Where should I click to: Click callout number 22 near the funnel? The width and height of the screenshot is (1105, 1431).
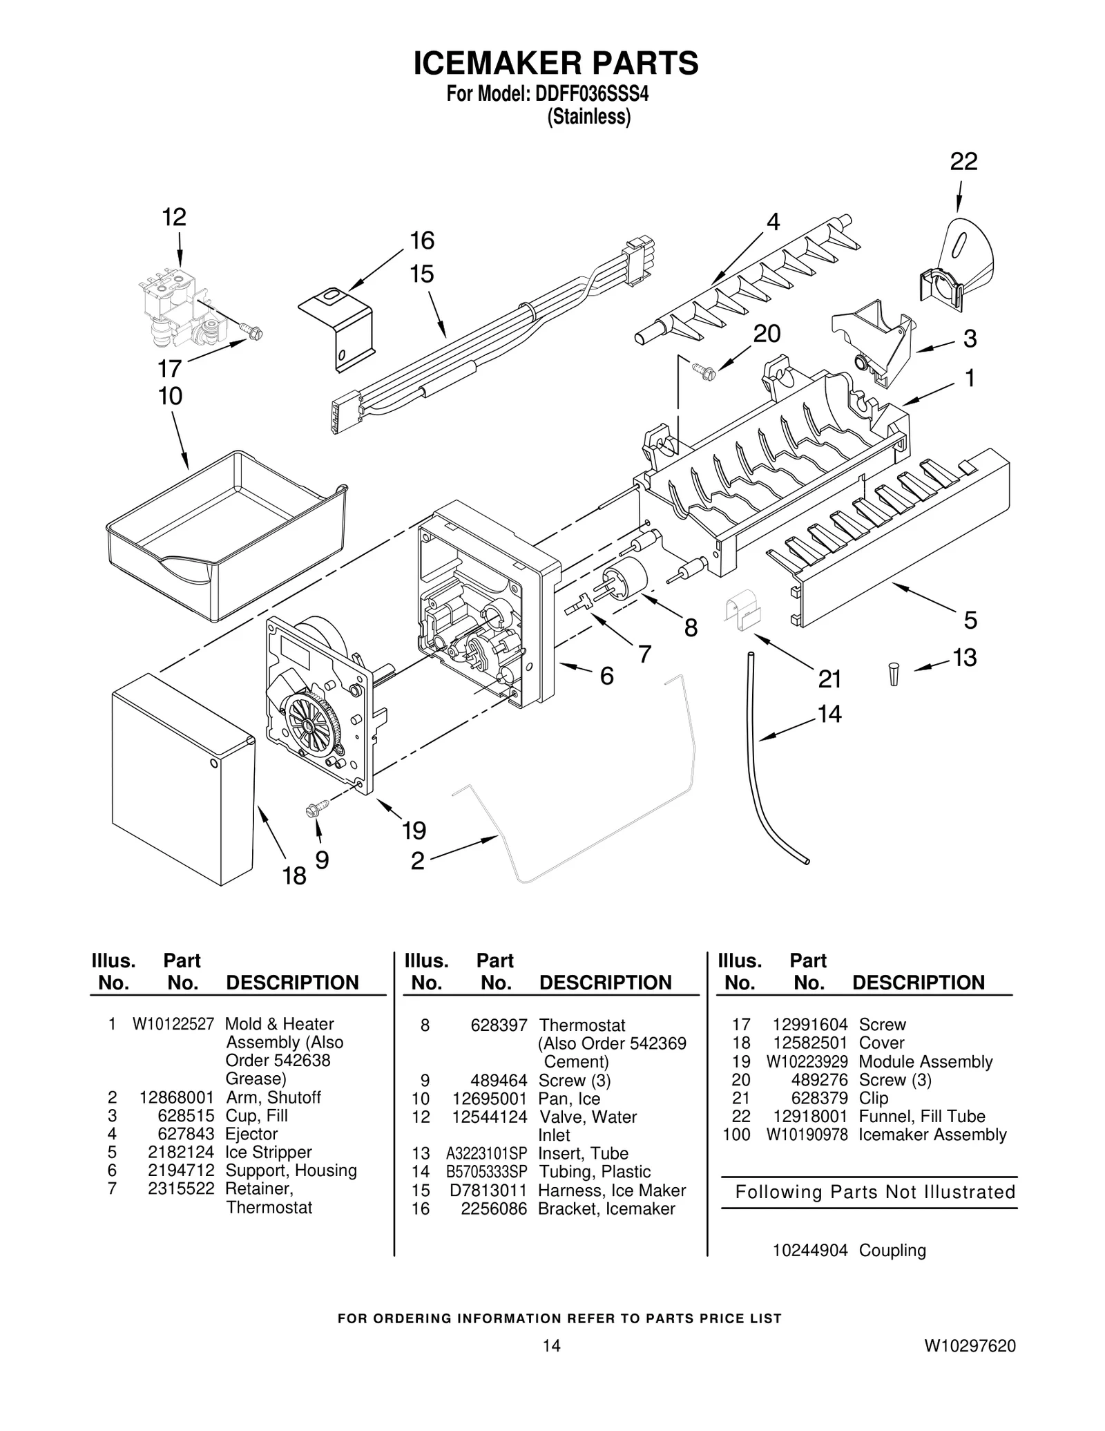click(x=963, y=161)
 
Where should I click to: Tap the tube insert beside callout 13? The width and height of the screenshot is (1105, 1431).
click(x=894, y=673)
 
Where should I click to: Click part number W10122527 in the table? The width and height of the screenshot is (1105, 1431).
click(x=173, y=1025)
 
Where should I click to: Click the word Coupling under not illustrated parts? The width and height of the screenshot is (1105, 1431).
click(x=892, y=1250)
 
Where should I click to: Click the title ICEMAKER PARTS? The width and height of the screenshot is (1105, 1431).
click(x=555, y=63)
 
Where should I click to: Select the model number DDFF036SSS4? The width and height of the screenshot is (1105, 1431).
click(x=592, y=94)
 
